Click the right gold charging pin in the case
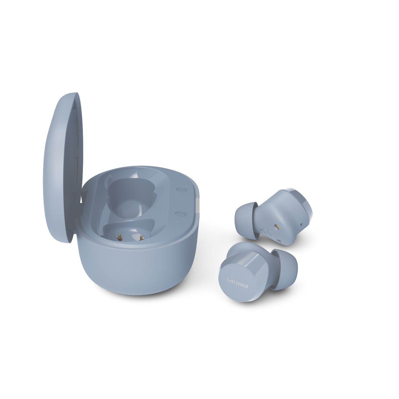pyautogui.click(x=141, y=238)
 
